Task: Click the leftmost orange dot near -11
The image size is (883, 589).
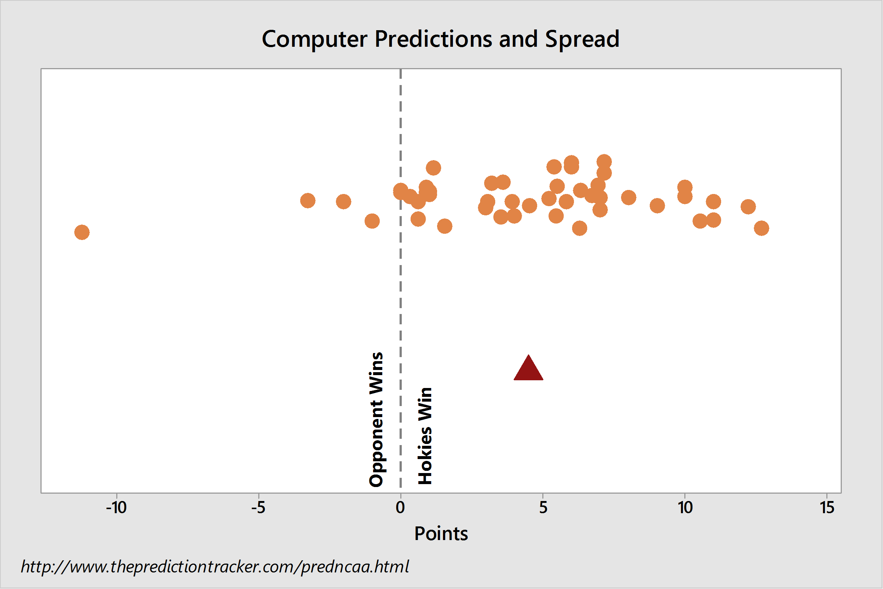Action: (x=82, y=232)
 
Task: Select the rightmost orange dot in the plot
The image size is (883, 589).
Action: (x=761, y=228)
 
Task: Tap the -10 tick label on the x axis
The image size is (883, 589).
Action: (x=116, y=508)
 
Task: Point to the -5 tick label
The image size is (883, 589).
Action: (x=258, y=508)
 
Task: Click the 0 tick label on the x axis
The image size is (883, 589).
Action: (x=401, y=508)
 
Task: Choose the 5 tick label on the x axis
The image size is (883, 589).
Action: (x=543, y=508)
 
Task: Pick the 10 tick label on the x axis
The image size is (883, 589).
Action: (x=685, y=508)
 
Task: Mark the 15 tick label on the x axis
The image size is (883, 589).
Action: (x=827, y=508)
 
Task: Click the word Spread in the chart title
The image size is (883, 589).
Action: (x=582, y=39)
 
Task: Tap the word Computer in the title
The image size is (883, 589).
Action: (x=315, y=39)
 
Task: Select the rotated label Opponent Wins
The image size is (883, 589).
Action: (x=376, y=420)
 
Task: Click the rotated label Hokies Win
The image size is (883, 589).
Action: (x=425, y=436)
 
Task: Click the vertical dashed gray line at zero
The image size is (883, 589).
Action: (x=401, y=281)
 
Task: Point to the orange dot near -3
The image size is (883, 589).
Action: (x=308, y=201)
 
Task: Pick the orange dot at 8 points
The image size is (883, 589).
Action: (x=628, y=197)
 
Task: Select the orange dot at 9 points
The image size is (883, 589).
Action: (x=657, y=205)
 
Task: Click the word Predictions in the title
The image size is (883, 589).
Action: (x=433, y=39)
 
